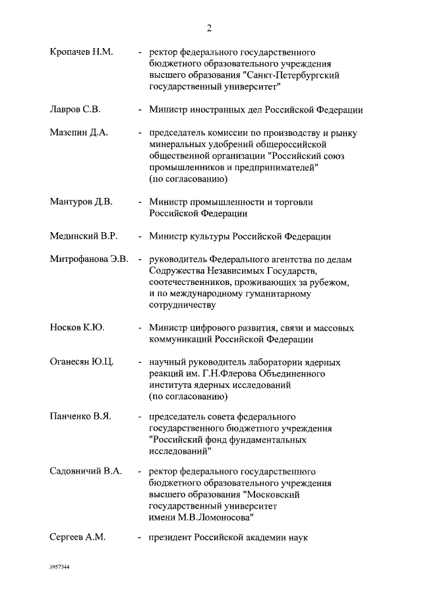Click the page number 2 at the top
pos(210,28)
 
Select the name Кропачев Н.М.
pos(81,52)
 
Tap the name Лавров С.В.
pos(75,110)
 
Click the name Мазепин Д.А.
pos(78,133)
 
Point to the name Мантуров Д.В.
pos(81,202)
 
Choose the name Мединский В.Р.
pos(84,236)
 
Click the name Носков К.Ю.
pos(77,328)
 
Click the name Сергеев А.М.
pos(77,537)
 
